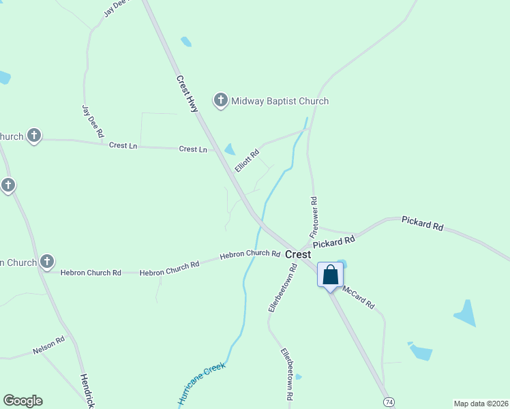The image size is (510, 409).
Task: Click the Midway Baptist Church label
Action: tap(280, 101)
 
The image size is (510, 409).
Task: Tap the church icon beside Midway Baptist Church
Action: tap(221, 101)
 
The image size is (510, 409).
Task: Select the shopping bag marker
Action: tap(331, 275)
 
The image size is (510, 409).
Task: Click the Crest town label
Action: tap(298, 254)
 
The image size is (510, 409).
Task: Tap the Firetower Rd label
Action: tap(314, 217)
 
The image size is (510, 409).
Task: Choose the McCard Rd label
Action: tap(359, 297)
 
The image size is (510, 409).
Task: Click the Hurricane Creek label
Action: tap(202, 384)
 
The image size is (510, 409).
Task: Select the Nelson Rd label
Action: tap(48, 346)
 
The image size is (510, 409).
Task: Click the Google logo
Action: tap(22, 401)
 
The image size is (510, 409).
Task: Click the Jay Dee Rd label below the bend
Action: tap(92, 121)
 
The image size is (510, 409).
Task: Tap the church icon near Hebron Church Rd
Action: tap(47, 261)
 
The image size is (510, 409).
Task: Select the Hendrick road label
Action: tap(86, 390)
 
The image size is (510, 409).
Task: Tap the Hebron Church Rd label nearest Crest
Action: tap(250, 254)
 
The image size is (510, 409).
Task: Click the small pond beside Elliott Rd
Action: tap(230, 149)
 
